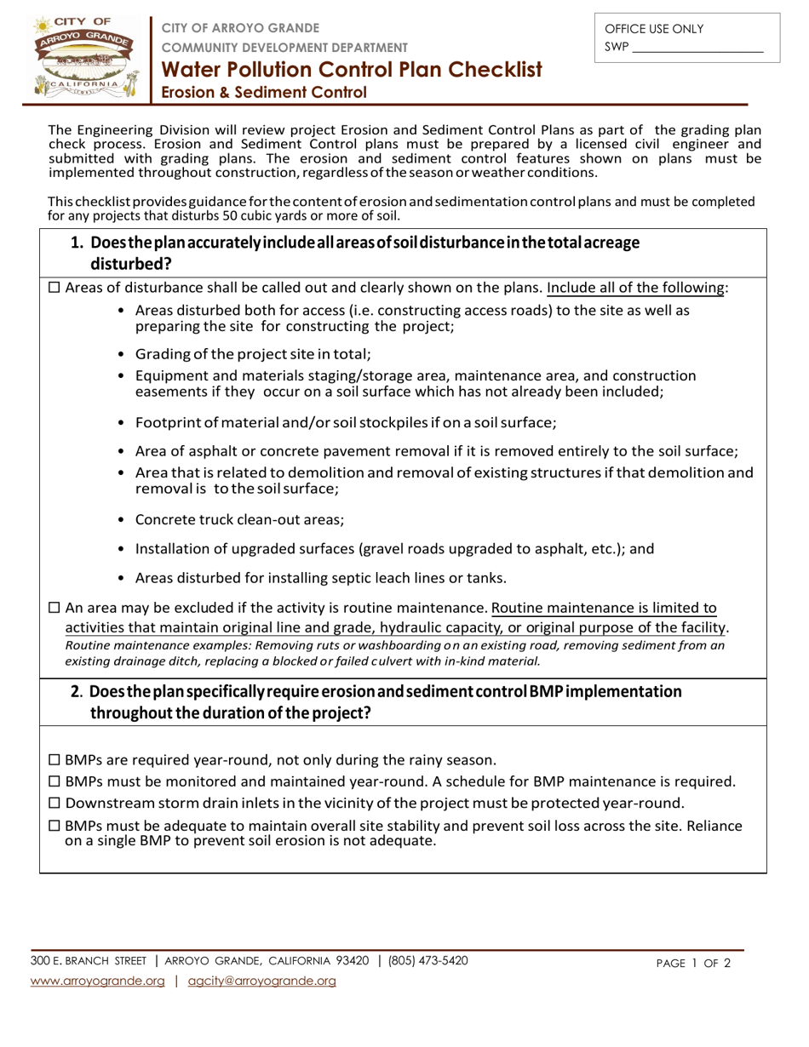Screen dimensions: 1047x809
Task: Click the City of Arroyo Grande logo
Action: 82,56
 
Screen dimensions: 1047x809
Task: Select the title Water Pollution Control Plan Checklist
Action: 352,70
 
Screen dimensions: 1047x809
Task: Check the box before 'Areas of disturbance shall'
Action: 55,288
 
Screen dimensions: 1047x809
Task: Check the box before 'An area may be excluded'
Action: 55,608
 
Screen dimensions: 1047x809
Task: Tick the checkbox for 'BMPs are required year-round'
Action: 55,760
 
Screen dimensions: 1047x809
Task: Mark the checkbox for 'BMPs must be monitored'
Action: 55,781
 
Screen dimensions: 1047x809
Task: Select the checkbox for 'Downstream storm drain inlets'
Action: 55,804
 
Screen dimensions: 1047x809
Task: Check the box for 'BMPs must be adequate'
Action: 55,826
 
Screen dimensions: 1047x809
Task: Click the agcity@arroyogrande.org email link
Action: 261,981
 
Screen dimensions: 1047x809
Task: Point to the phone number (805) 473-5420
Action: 427,961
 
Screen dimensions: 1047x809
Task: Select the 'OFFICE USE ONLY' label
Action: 654,29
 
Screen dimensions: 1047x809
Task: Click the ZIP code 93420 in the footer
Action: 351,961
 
